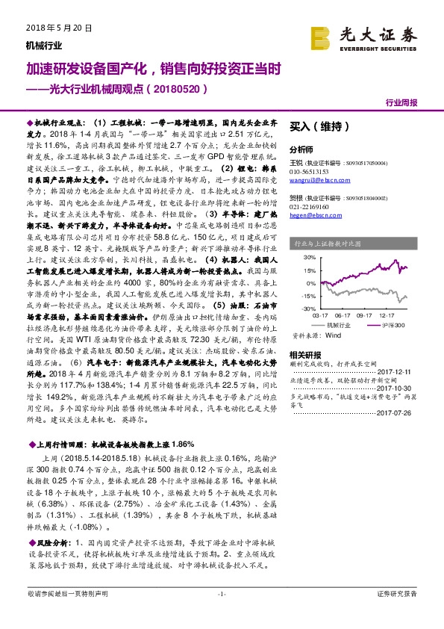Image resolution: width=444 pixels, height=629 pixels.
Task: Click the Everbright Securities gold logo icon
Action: click(321, 37)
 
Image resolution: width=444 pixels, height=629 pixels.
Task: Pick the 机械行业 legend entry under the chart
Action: click(337, 326)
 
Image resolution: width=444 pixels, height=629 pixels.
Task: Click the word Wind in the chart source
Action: click(333, 337)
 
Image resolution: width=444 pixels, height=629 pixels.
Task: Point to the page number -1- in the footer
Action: click(221, 594)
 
